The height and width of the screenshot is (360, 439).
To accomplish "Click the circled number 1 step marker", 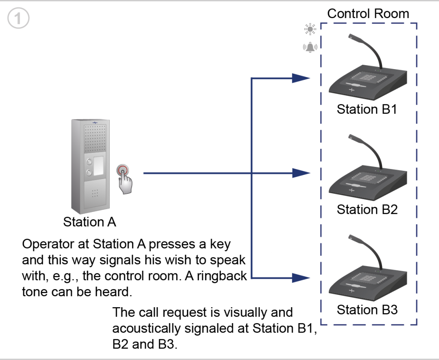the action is tap(18, 18).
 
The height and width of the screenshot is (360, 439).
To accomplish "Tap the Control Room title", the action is tap(368, 13).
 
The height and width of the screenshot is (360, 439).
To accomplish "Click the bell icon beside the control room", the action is tap(310, 47).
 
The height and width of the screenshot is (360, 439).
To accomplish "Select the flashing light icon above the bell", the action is tap(310, 29).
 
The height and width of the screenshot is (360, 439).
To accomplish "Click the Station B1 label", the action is tap(367, 109).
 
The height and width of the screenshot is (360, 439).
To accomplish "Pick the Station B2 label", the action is tap(367, 209).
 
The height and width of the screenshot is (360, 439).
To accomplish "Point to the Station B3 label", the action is tap(367, 310).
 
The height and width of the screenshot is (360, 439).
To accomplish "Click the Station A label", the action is tap(90, 222).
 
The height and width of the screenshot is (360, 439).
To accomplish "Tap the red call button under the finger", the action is tap(123, 170).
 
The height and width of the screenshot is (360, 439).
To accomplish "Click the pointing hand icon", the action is tap(125, 182).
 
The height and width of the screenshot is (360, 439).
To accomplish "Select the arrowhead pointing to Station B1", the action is tap(301, 78).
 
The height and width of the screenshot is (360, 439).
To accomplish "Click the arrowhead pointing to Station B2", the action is tap(301, 173).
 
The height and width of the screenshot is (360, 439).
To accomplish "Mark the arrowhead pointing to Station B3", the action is tap(301, 278).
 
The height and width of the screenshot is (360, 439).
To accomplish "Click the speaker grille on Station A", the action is tap(95, 139).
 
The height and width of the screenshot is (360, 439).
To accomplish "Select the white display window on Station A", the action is tap(98, 166).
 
